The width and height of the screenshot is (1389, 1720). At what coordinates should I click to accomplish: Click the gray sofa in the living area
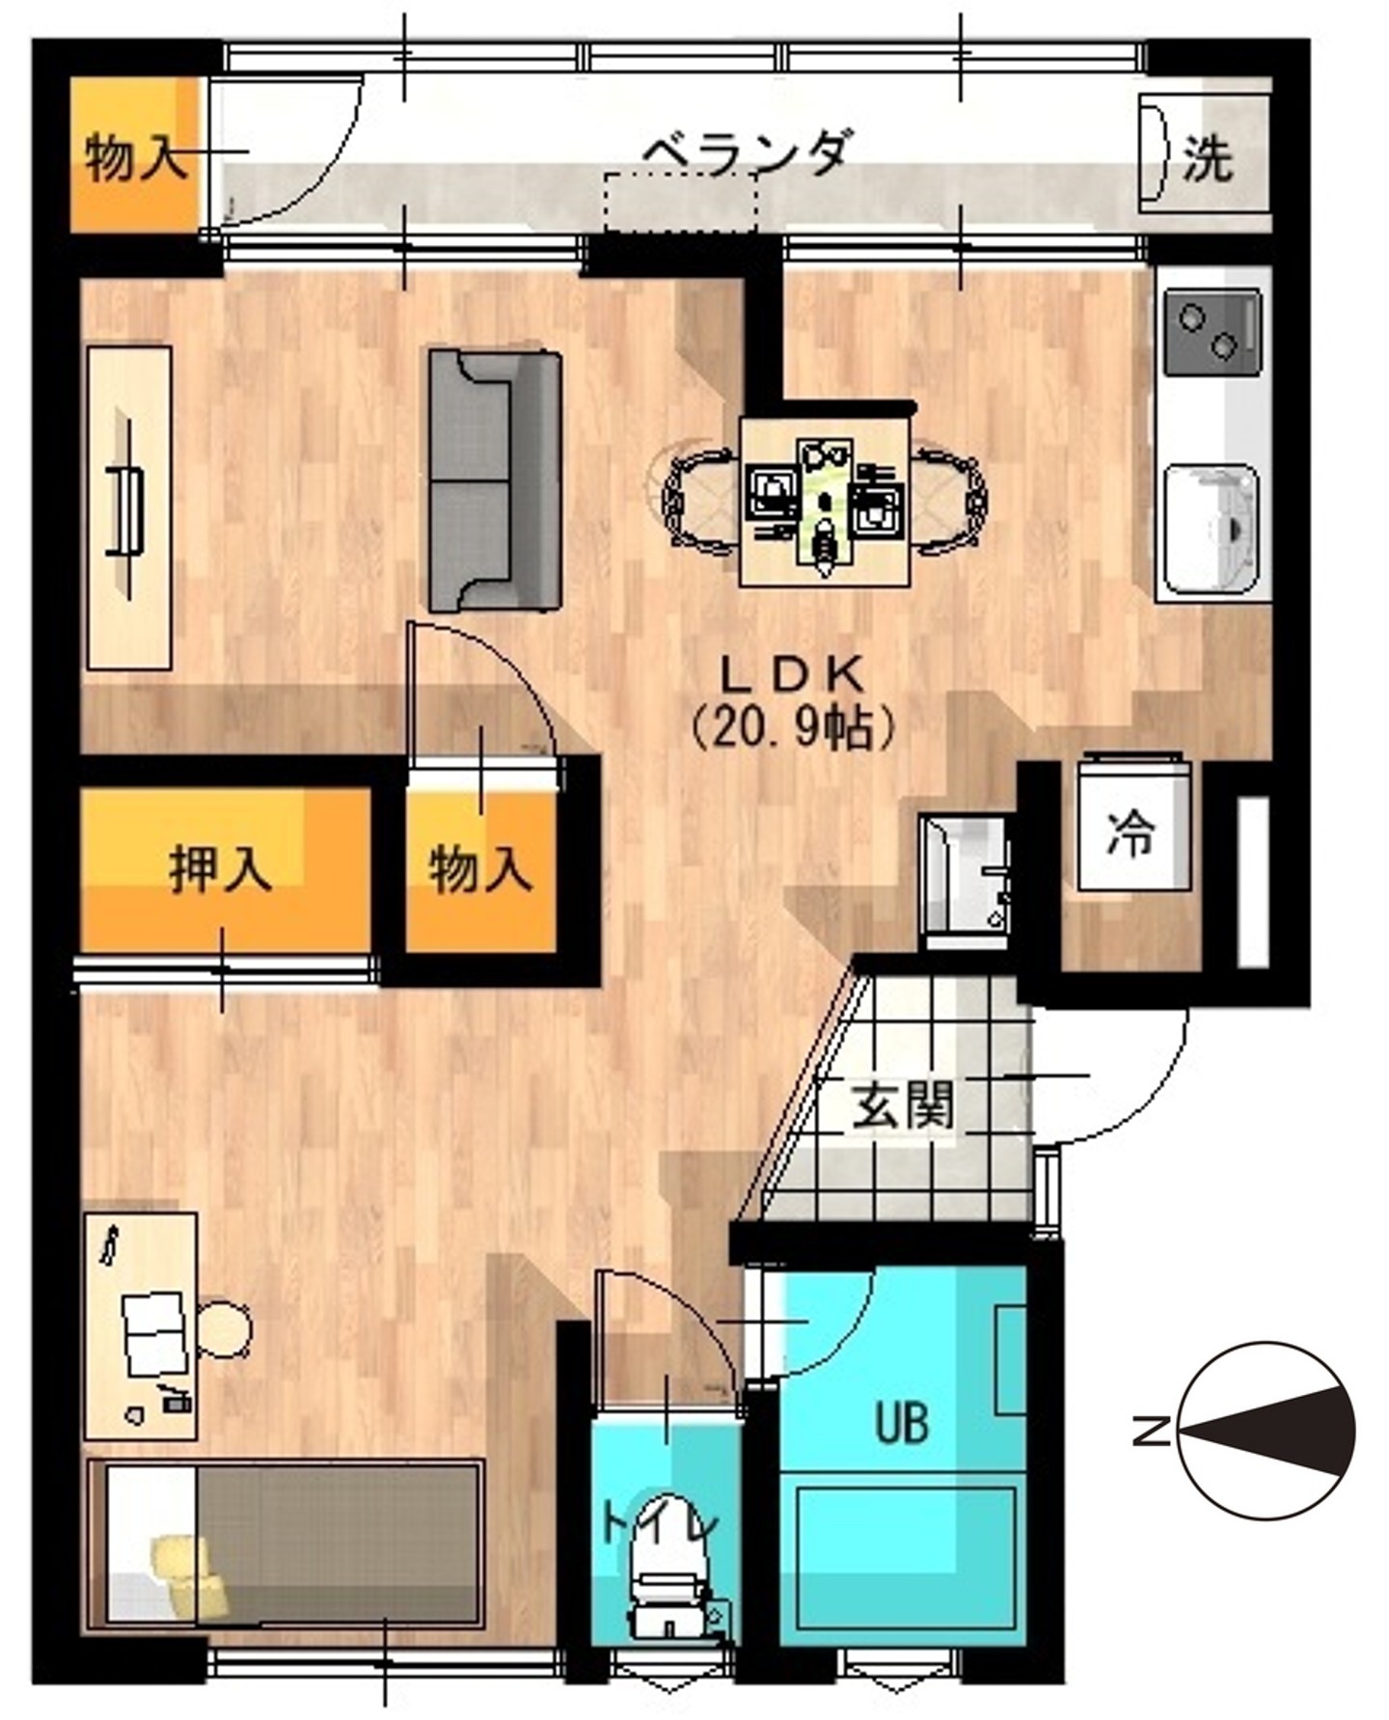point(495,480)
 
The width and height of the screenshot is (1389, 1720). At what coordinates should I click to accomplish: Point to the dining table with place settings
point(825,502)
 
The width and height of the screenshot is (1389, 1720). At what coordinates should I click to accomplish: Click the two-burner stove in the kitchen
point(1212,332)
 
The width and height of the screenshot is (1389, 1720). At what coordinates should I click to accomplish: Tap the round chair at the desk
point(223,1328)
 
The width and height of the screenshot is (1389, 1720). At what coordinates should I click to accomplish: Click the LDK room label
point(794,676)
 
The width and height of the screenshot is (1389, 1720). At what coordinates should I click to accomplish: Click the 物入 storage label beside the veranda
point(136,156)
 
